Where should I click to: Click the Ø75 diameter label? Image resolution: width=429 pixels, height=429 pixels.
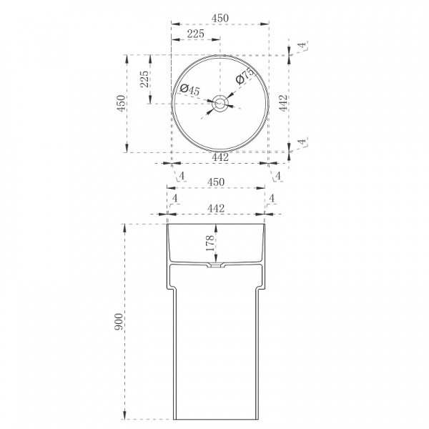point(245,76)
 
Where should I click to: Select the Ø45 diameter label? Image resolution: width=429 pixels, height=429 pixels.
point(190,89)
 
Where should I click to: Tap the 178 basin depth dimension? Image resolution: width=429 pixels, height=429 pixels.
point(209,243)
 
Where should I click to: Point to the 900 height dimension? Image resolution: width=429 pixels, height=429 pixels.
point(119,322)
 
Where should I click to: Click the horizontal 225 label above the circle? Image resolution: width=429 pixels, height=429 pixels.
point(196,34)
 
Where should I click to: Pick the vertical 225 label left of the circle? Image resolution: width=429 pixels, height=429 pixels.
point(144,79)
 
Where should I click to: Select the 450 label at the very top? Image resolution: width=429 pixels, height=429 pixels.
point(220,18)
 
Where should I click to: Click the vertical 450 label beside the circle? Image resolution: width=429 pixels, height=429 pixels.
point(122,103)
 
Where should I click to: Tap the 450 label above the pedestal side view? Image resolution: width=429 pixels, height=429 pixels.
point(216,182)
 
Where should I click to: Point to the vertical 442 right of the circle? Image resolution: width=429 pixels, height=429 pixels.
point(283,103)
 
